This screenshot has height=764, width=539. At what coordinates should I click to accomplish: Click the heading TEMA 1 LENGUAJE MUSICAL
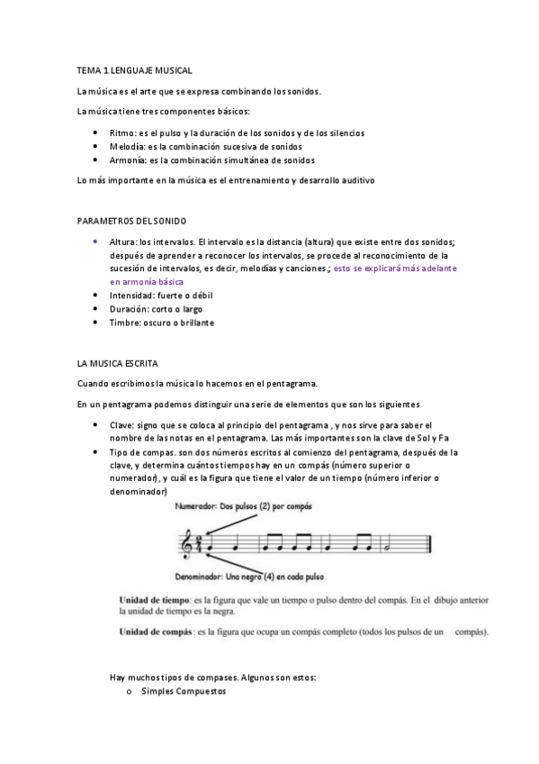click(x=135, y=69)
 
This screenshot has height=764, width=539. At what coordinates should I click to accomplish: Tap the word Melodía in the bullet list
click(x=127, y=146)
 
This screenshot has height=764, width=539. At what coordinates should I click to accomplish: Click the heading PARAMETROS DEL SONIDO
click(x=132, y=220)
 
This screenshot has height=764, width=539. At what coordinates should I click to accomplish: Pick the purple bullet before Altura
click(x=95, y=241)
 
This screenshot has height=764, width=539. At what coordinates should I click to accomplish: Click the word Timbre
click(x=125, y=323)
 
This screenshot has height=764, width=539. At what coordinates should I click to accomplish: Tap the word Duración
click(x=130, y=308)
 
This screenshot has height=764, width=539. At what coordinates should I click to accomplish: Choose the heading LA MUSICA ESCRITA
click(x=118, y=363)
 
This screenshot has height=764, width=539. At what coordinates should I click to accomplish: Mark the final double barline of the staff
click(x=431, y=543)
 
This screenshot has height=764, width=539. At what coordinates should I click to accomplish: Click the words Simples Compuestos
click(x=184, y=691)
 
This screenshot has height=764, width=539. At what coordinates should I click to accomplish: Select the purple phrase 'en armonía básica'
click(x=146, y=281)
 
